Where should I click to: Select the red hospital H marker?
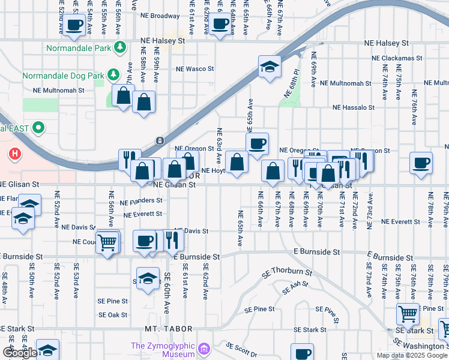click(14, 154)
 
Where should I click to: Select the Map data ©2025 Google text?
click(412, 355)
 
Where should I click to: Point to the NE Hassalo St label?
click(354, 108)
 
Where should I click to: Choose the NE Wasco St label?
click(194, 69)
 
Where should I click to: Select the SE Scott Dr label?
click(243, 347)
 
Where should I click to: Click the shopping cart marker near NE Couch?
click(107, 242)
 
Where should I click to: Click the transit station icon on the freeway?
click(160, 141)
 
